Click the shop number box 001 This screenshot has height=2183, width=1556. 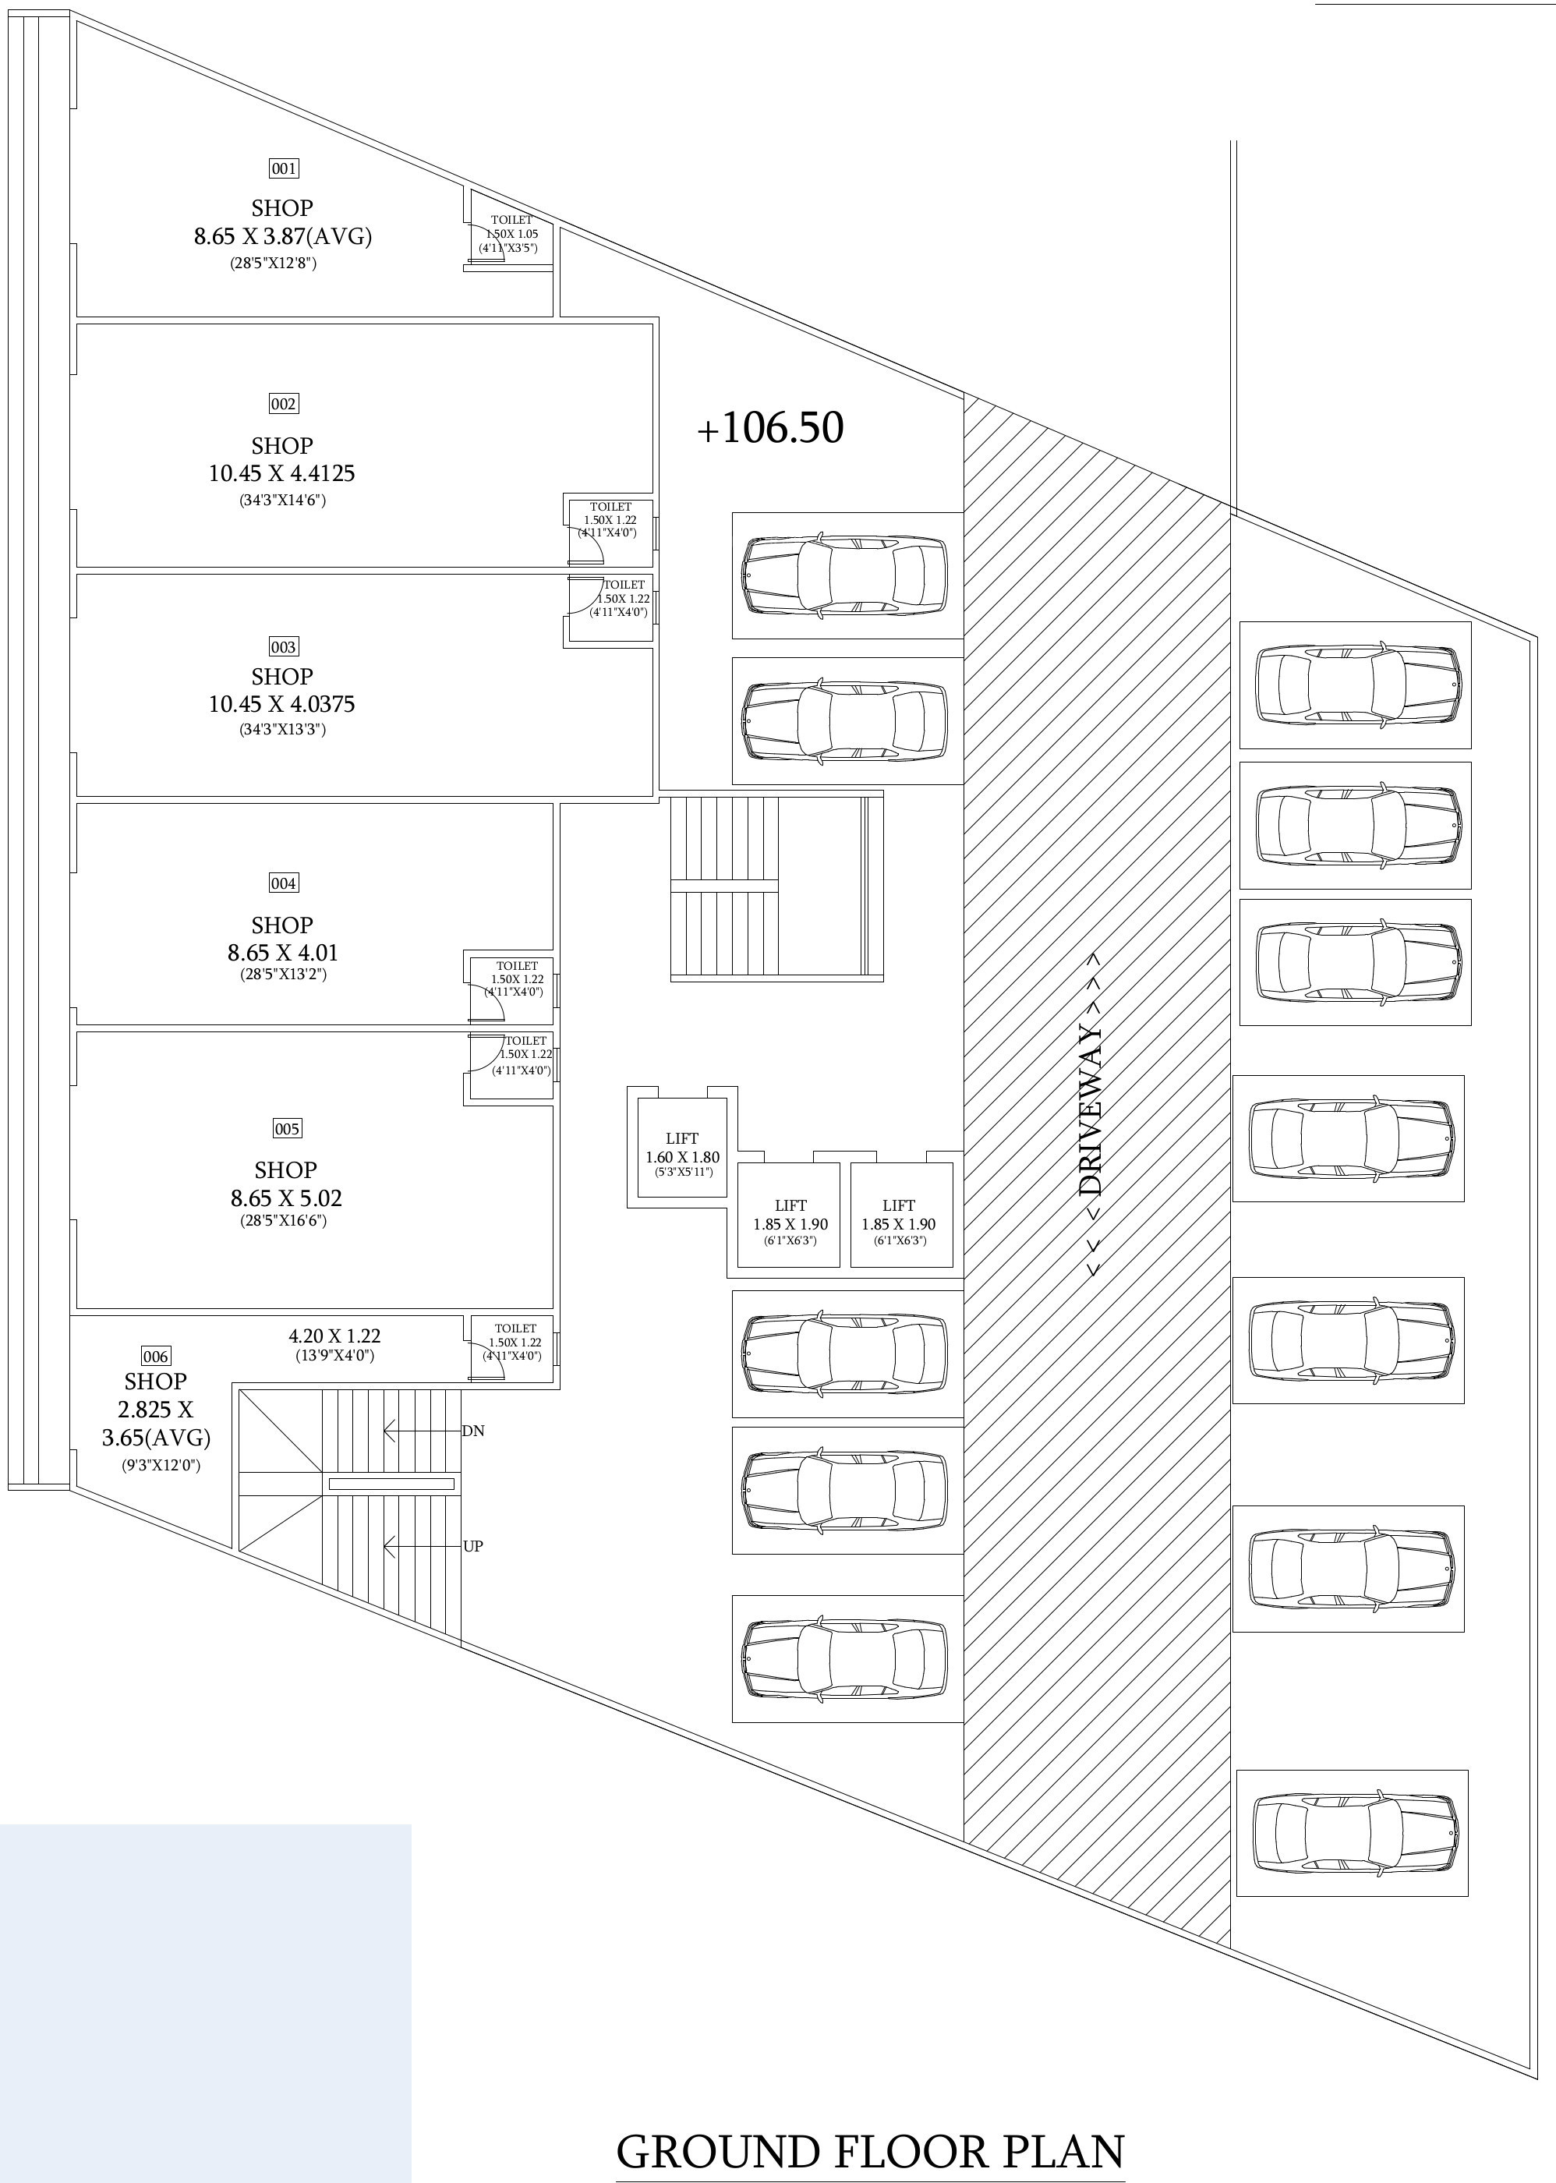(284, 168)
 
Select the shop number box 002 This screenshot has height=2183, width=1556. (284, 403)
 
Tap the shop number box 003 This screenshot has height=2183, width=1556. (284, 647)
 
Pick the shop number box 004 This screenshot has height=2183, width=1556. (284, 883)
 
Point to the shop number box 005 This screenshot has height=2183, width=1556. (288, 1128)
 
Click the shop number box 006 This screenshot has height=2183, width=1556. (155, 1356)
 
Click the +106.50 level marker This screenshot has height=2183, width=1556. (770, 428)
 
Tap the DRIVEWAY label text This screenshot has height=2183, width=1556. (1092, 1112)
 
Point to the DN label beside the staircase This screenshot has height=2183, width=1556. (473, 1431)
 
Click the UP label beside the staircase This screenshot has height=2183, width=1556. (473, 1546)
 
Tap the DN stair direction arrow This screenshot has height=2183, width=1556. (422, 1431)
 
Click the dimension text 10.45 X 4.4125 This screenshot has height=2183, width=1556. (281, 473)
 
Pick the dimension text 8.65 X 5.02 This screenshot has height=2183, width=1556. (285, 1198)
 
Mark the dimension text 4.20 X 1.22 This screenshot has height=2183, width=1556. (334, 1336)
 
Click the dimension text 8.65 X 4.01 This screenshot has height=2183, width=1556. (283, 953)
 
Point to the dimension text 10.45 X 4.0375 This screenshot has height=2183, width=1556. (281, 704)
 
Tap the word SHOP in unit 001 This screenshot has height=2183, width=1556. (281, 208)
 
